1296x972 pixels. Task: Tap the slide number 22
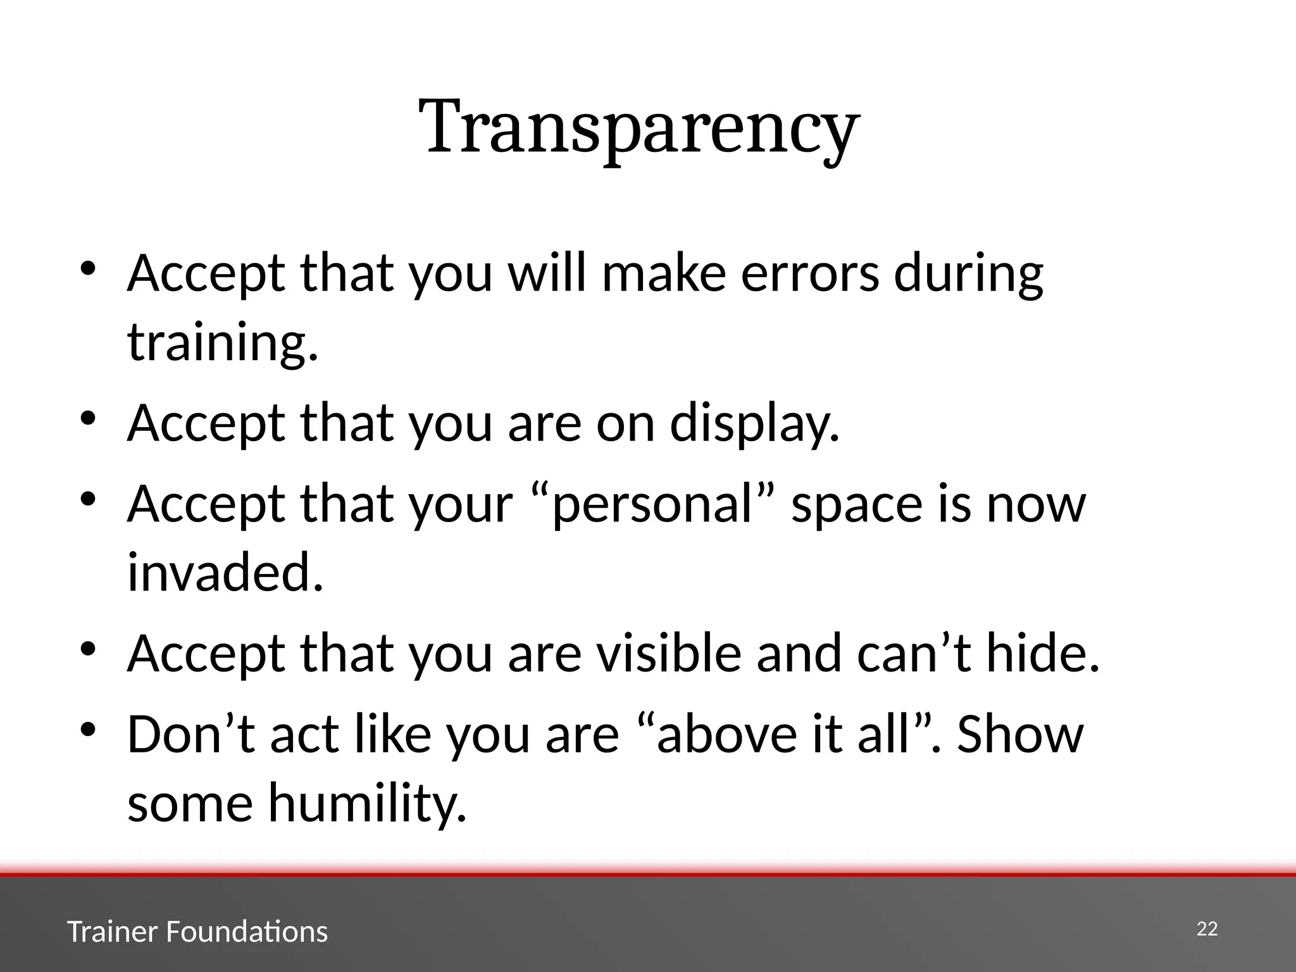tap(1207, 929)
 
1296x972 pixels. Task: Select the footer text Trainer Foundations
tap(197, 932)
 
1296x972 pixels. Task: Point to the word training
tap(222, 344)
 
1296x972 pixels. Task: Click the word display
tap(754, 423)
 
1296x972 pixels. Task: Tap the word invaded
tap(225, 573)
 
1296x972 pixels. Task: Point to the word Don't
tap(191, 735)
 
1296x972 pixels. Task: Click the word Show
tap(1020, 735)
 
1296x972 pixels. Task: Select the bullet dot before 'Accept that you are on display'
tap(88, 418)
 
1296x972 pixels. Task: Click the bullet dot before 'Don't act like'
tap(88, 730)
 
